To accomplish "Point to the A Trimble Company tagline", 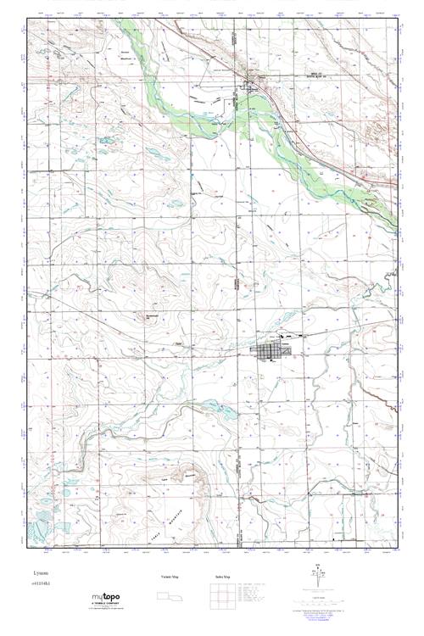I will [x=108, y=605].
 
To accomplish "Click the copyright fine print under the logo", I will [x=106, y=611].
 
